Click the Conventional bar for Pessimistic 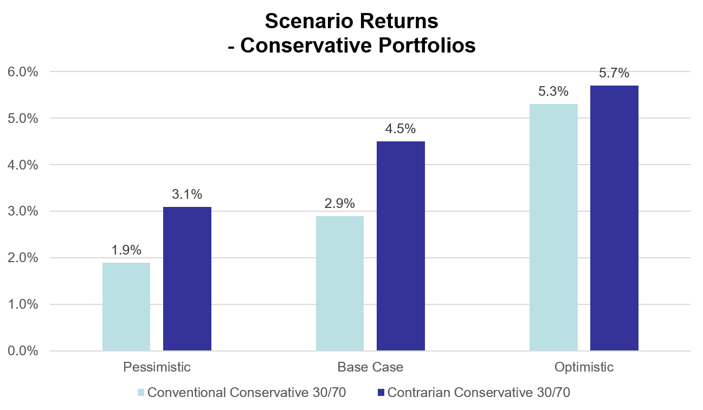point(126,307)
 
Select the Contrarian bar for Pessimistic point(187,279)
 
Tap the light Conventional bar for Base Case point(340,283)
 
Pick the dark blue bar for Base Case point(401,246)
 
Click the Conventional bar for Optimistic point(553,227)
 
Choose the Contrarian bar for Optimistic point(614,218)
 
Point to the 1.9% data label point(126,250)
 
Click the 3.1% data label point(187,194)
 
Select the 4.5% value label point(401,129)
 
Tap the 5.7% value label point(614,73)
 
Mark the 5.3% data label point(553,92)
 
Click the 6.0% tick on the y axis point(22,72)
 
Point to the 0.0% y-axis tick point(22,351)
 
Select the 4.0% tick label point(22,165)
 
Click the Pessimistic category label point(157,367)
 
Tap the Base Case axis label point(370,367)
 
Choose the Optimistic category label point(584,367)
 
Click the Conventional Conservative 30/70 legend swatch point(141,393)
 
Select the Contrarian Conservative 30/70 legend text point(479,393)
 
